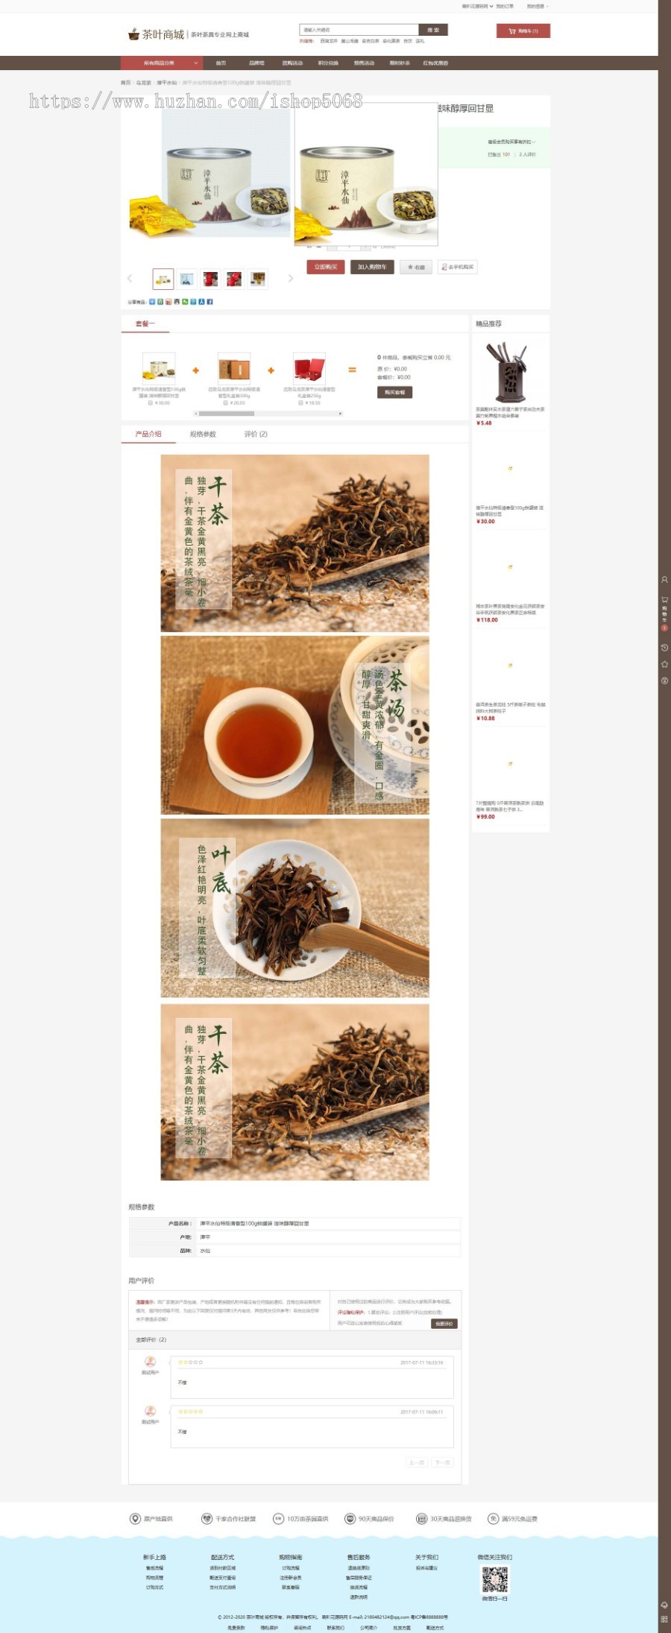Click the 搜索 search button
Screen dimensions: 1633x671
click(433, 31)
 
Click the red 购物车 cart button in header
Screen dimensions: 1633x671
click(523, 31)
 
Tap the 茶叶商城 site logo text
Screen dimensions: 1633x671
click(163, 34)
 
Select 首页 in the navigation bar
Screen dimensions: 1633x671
click(221, 63)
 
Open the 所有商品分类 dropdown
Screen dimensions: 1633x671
click(162, 63)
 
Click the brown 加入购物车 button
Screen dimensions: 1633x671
click(372, 267)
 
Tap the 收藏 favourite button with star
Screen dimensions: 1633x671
click(416, 267)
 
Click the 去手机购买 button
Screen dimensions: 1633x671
click(458, 267)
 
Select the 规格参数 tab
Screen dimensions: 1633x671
click(202, 434)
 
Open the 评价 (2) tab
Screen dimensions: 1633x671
click(255, 434)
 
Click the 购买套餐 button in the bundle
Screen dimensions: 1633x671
click(394, 392)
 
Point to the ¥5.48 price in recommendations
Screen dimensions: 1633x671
click(485, 423)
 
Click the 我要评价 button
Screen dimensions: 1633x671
click(444, 1324)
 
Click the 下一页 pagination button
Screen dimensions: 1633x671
click(442, 1462)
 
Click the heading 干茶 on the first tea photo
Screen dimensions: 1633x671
click(218, 501)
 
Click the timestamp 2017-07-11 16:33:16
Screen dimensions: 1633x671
click(421, 1362)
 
